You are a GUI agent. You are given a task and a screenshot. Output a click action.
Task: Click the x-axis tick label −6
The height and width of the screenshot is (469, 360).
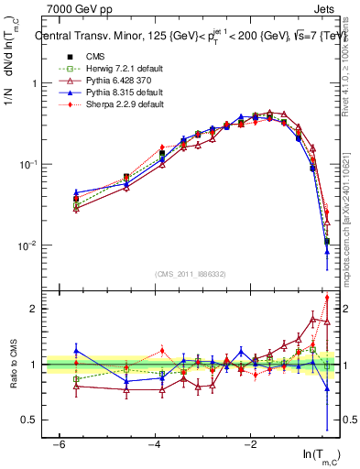[59, 443]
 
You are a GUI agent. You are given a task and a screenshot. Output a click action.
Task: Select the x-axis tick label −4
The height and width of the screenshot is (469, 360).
[155, 443]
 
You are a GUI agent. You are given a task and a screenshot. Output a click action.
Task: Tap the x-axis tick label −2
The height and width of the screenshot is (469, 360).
[251, 443]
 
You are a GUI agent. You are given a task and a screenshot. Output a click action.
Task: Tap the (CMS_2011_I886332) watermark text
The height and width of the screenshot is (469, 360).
[191, 274]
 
